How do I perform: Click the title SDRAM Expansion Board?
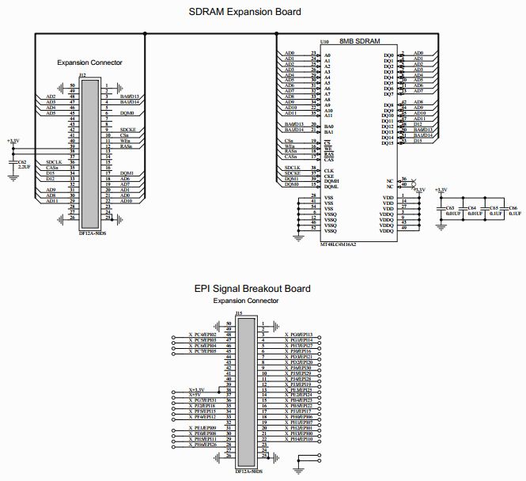coord(244,12)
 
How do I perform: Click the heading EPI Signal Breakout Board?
coord(251,289)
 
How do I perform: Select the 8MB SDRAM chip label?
coord(360,41)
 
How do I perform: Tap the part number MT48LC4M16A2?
coord(339,244)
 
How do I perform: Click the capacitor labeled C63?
coord(450,207)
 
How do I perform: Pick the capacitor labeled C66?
coord(514,207)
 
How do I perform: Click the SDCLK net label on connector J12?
coord(54,161)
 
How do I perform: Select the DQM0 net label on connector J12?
coord(127,113)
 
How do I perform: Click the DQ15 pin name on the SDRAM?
coord(388,143)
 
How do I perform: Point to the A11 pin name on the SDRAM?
coord(328,116)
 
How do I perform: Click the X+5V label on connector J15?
coord(197,395)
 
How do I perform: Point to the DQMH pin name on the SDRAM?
coord(331,180)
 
